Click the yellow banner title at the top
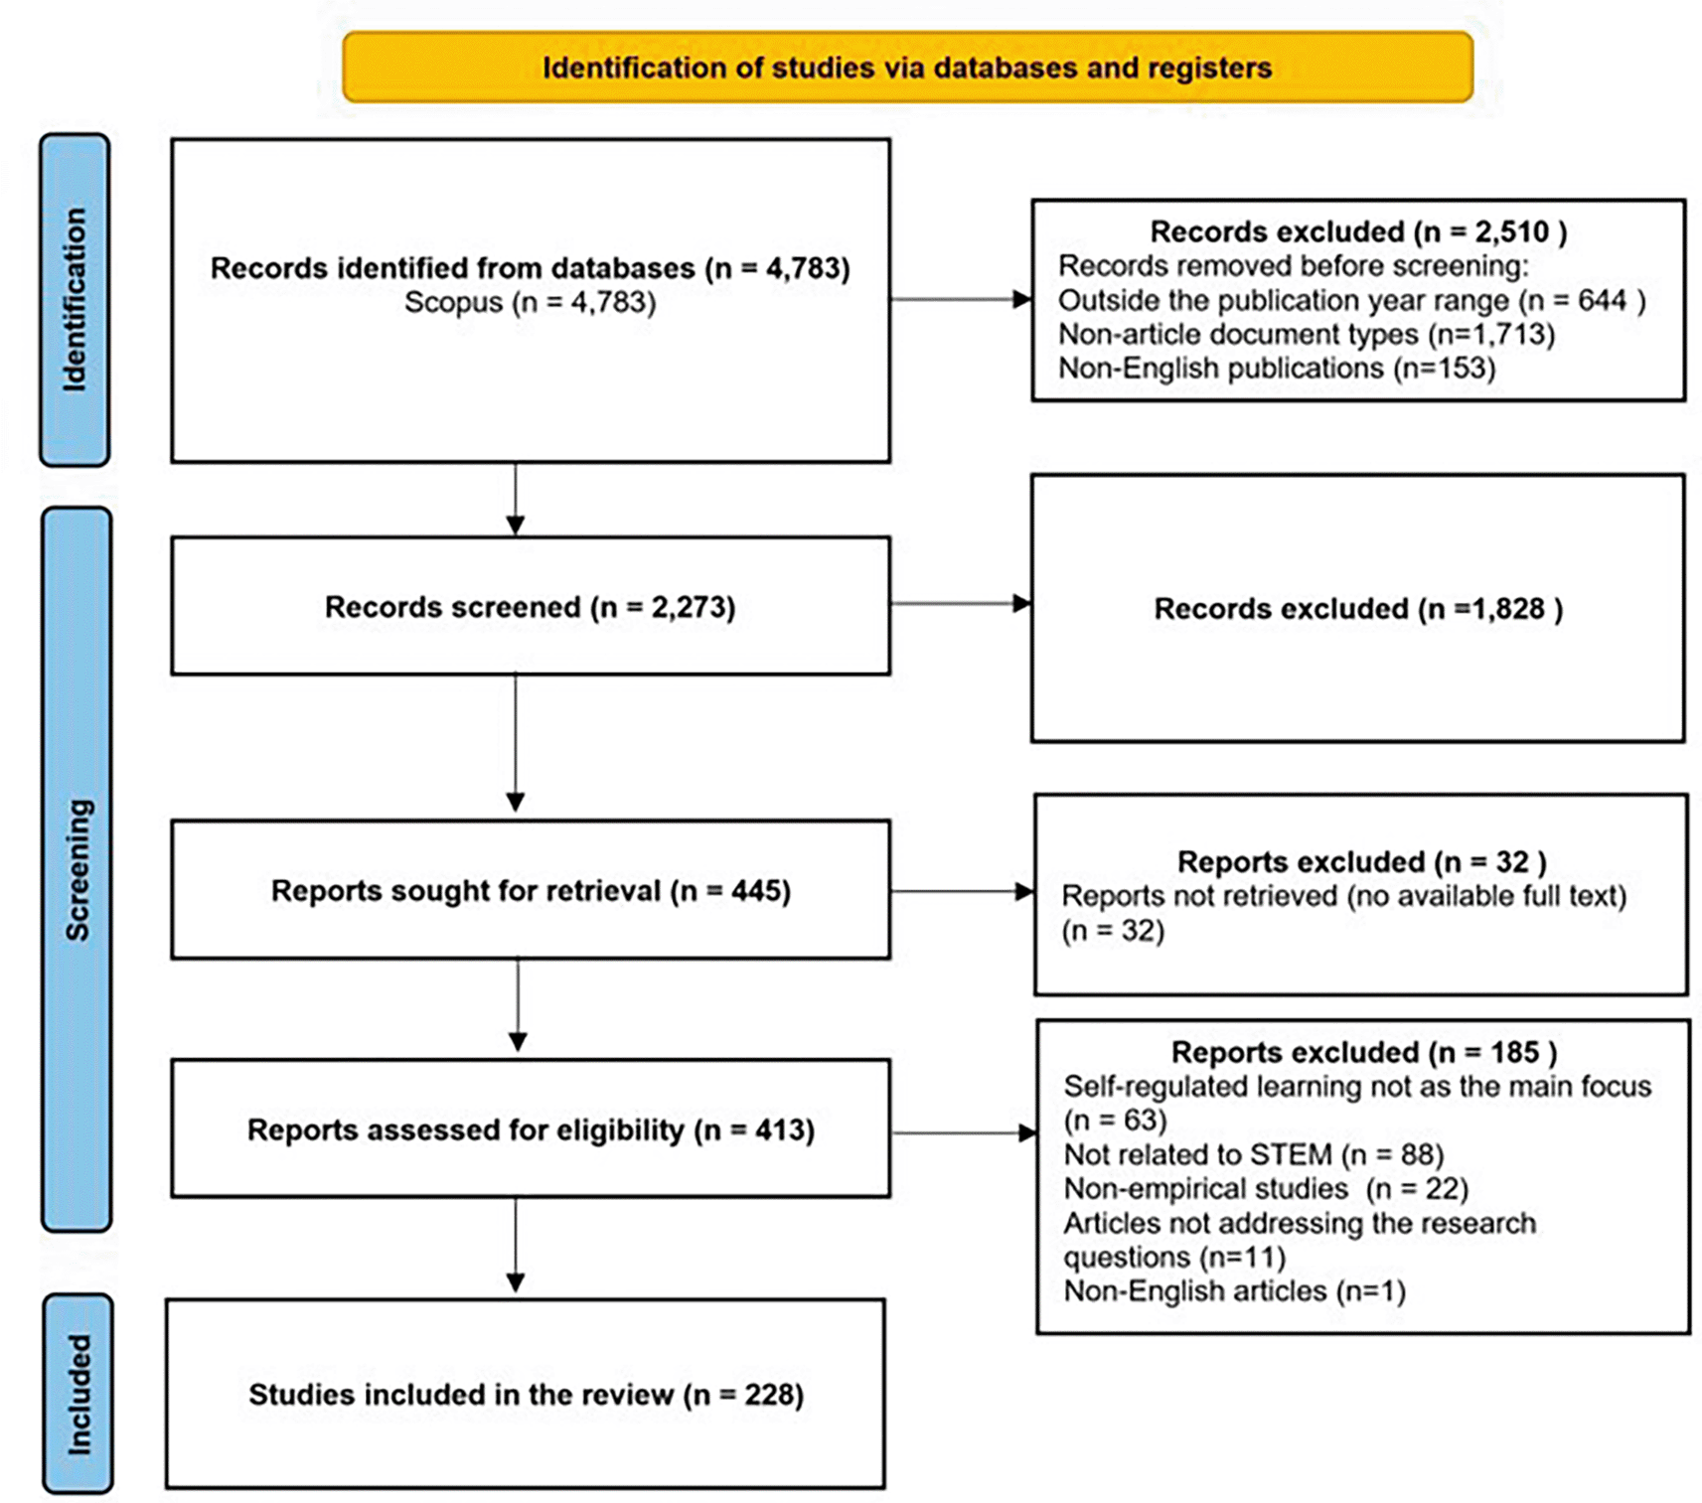pos(906,68)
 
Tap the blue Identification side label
pos(75,299)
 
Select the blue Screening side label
pos(77,869)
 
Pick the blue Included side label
pos(77,1394)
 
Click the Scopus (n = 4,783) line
pos(530,302)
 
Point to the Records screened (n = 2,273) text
pos(530,607)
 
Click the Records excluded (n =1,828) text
pos(1358,608)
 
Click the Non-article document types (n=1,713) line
pos(1307,334)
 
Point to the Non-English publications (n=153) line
pos(1277,368)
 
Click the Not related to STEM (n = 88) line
pos(1253,1154)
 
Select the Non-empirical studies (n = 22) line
pos(1266,1188)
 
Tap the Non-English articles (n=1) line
pos(1234,1290)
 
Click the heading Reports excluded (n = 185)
pos(1363,1052)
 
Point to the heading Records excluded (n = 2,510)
pos(1358,231)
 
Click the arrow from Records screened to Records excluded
pos(961,603)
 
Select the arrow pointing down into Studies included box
pos(516,1245)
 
